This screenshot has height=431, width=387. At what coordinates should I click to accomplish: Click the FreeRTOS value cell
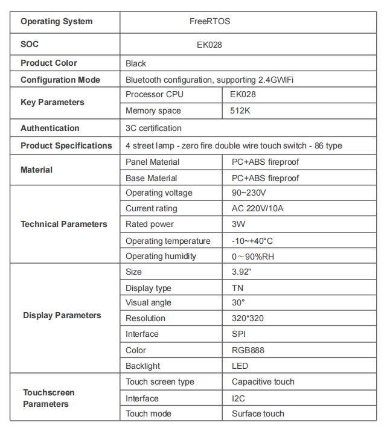pyautogui.click(x=209, y=22)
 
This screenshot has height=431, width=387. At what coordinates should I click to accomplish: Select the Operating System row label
pyautogui.click(x=57, y=22)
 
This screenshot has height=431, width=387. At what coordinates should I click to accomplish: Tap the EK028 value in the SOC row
pyautogui.click(x=209, y=45)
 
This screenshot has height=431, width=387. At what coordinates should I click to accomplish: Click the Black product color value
pyautogui.click(x=136, y=63)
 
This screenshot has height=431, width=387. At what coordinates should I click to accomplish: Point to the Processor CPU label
pyautogui.click(x=154, y=95)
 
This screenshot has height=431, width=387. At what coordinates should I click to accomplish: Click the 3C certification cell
pyautogui.click(x=153, y=129)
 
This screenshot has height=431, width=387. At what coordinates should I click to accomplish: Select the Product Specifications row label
pyautogui.click(x=66, y=146)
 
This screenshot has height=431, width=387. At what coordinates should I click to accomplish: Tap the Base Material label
pyautogui.click(x=151, y=179)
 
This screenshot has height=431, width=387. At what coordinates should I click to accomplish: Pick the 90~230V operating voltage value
pyautogui.click(x=249, y=193)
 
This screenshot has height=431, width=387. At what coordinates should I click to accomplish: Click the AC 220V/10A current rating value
pyautogui.click(x=257, y=209)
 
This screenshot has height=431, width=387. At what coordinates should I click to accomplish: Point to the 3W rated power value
pyautogui.click(x=238, y=225)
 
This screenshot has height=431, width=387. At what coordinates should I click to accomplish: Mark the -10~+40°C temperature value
pyautogui.click(x=252, y=241)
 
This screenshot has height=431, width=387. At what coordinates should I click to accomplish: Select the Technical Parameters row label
pyautogui.click(x=64, y=225)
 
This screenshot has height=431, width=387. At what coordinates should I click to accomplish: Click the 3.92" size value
pyautogui.click(x=241, y=272)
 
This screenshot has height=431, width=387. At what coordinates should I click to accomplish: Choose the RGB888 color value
pyautogui.click(x=248, y=350)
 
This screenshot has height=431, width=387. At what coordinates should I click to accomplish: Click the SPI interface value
pyautogui.click(x=238, y=334)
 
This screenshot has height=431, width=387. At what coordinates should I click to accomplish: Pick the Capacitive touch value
pyautogui.click(x=263, y=382)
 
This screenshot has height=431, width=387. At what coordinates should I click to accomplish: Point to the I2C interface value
pyautogui.click(x=238, y=398)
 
